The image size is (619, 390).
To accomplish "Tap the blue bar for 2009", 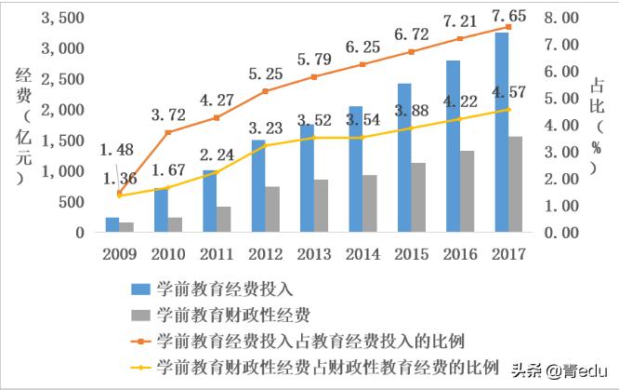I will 112,224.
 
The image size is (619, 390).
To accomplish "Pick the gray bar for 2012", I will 272,208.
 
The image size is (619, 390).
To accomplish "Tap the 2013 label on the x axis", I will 314,253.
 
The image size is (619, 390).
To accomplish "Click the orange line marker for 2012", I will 265,91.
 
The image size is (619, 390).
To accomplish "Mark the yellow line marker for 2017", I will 507,109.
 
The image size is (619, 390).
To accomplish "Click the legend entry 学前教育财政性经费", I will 232,313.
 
